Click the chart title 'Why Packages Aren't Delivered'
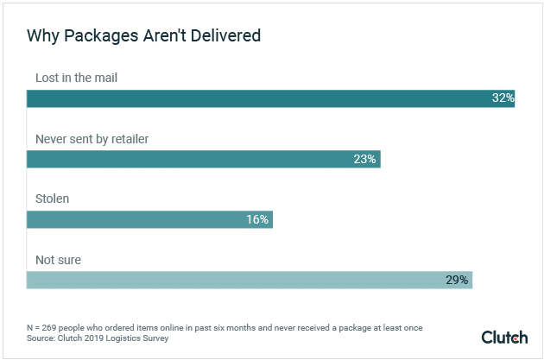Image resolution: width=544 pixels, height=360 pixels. pyautogui.click(x=143, y=36)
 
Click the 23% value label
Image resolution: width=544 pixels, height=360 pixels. pyautogui.click(x=365, y=159)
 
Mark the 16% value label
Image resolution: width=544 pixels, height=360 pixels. pyautogui.click(x=257, y=219)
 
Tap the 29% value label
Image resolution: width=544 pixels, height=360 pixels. pyautogui.click(x=457, y=280)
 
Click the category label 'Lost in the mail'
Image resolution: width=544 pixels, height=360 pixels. pyautogui.click(x=76, y=78)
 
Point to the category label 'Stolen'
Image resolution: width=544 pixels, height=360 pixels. pyautogui.click(x=52, y=199)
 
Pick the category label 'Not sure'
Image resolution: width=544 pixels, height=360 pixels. pyautogui.click(x=57, y=259)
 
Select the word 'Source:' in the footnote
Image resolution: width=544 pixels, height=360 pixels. pyautogui.click(x=46, y=339)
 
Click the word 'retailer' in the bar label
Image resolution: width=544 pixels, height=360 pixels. pyautogui.click(x=138, y=138)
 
